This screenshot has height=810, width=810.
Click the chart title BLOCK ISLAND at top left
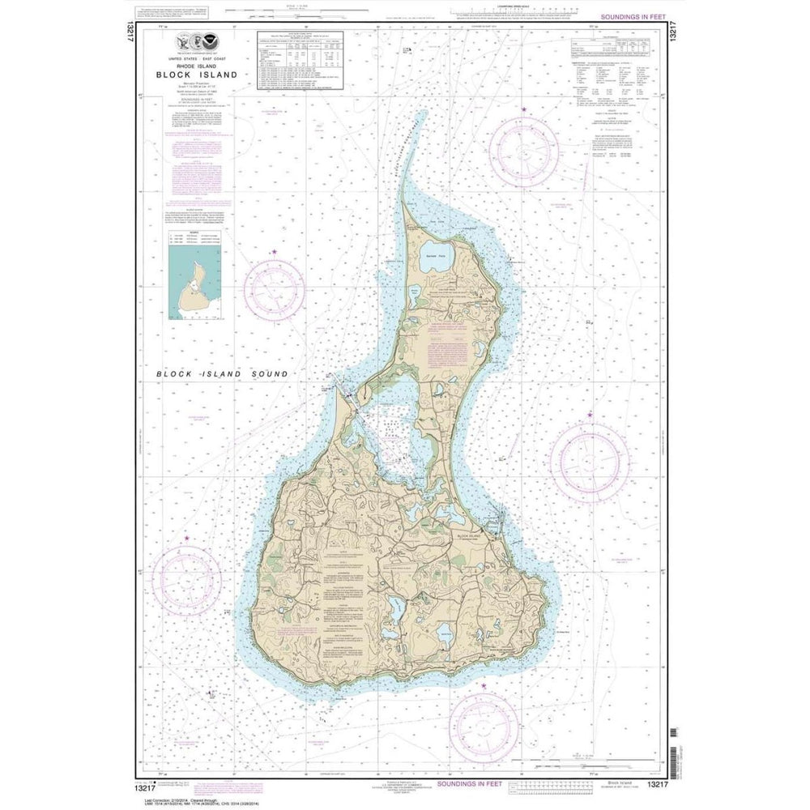(x=198, y=75)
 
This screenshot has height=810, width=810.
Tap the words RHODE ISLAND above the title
(x=198, y=66)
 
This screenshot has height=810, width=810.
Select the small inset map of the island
(x=196, y=283)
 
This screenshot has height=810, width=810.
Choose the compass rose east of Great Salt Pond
(x=590, y=463)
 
